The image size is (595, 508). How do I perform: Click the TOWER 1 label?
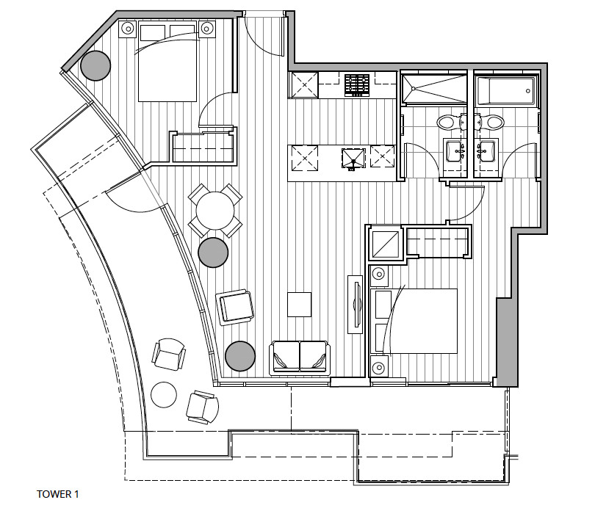tap(57, 495)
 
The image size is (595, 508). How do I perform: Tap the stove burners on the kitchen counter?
tap(358, 84)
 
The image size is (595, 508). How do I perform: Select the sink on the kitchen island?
tap(353, 157)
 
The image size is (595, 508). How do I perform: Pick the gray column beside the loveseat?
tap(240, 356)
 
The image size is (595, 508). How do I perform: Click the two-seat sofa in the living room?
tap(300, 357)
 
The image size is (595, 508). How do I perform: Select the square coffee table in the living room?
tap(299, 304)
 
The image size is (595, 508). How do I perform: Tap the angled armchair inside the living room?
tap(235, 306)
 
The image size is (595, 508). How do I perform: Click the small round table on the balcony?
tap(165, 395)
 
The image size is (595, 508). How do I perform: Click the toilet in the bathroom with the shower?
tap(449, 122)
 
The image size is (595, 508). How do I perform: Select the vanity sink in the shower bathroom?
tap(455, 151)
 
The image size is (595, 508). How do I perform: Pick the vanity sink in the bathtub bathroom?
tap(486, 151)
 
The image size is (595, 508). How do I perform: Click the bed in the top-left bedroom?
tap(167, 62)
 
